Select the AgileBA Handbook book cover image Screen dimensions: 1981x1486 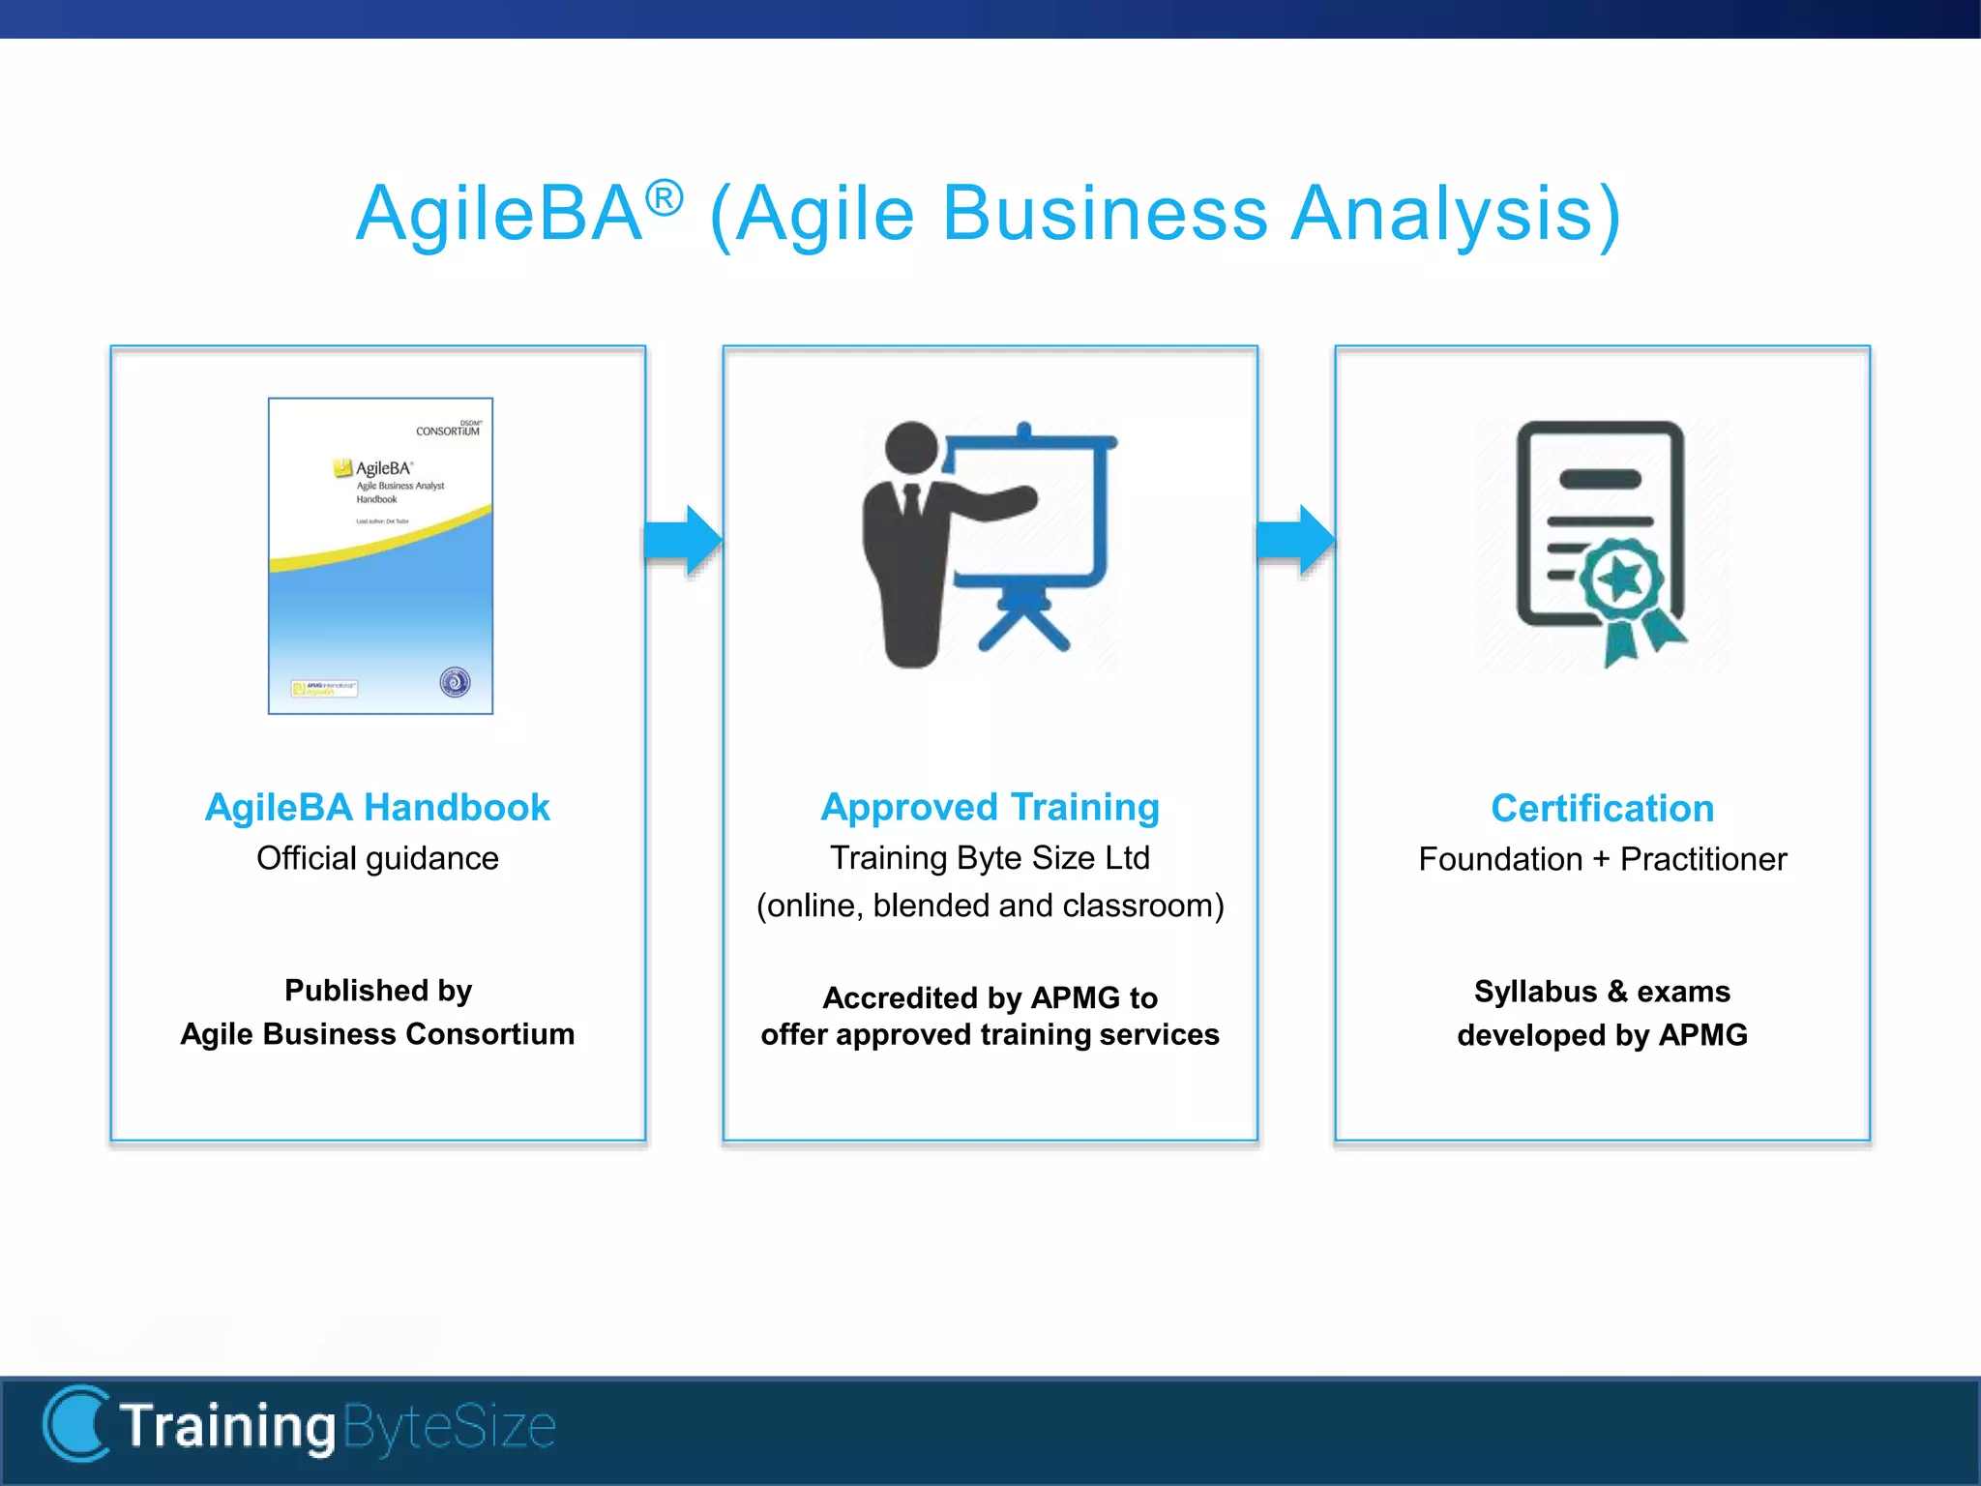380,556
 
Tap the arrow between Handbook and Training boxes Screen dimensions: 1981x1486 684,539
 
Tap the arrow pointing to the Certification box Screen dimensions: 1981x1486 1296,539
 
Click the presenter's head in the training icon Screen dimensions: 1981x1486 911,448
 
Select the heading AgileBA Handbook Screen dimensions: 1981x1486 377,807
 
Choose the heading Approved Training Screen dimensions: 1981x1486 990,807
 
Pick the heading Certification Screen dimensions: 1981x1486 1602,808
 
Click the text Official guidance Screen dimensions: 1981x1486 377,858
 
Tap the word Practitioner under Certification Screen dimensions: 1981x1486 1702,859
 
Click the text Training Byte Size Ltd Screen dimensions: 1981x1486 990,858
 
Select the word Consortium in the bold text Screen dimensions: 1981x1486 489,1034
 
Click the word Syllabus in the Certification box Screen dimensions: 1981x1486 1535,992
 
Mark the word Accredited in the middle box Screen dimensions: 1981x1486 900,997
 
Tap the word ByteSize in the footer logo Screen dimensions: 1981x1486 449,1427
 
